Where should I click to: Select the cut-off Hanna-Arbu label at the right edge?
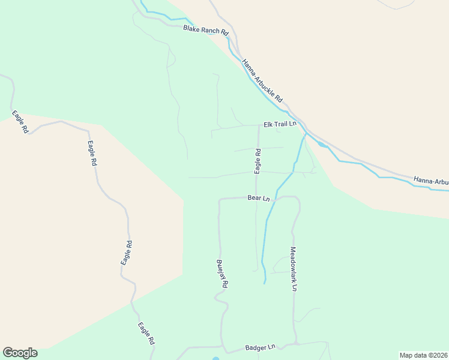[x=430, y=181]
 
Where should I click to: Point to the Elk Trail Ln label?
[x=280, y=124]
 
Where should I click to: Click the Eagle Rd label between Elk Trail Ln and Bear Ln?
[x=258, y=161]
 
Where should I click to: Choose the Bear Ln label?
[x=259, y=197]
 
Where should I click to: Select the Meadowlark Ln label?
[x=294, y=269]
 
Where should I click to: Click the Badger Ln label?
[x=260, y=347]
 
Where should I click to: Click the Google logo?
[x=20, y=353]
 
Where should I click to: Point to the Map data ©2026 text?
[x=423, y=355]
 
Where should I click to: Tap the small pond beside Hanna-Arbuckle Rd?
[x=322, y=144]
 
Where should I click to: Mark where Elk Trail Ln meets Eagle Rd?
[x=258, y=125]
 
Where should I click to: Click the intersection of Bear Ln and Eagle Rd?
[x=257, y=197]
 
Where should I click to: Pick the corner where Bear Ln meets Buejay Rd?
[x=220, y=200]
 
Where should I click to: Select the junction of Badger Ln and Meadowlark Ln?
[x=295, y=344]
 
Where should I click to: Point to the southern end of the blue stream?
[x=264, y=282]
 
